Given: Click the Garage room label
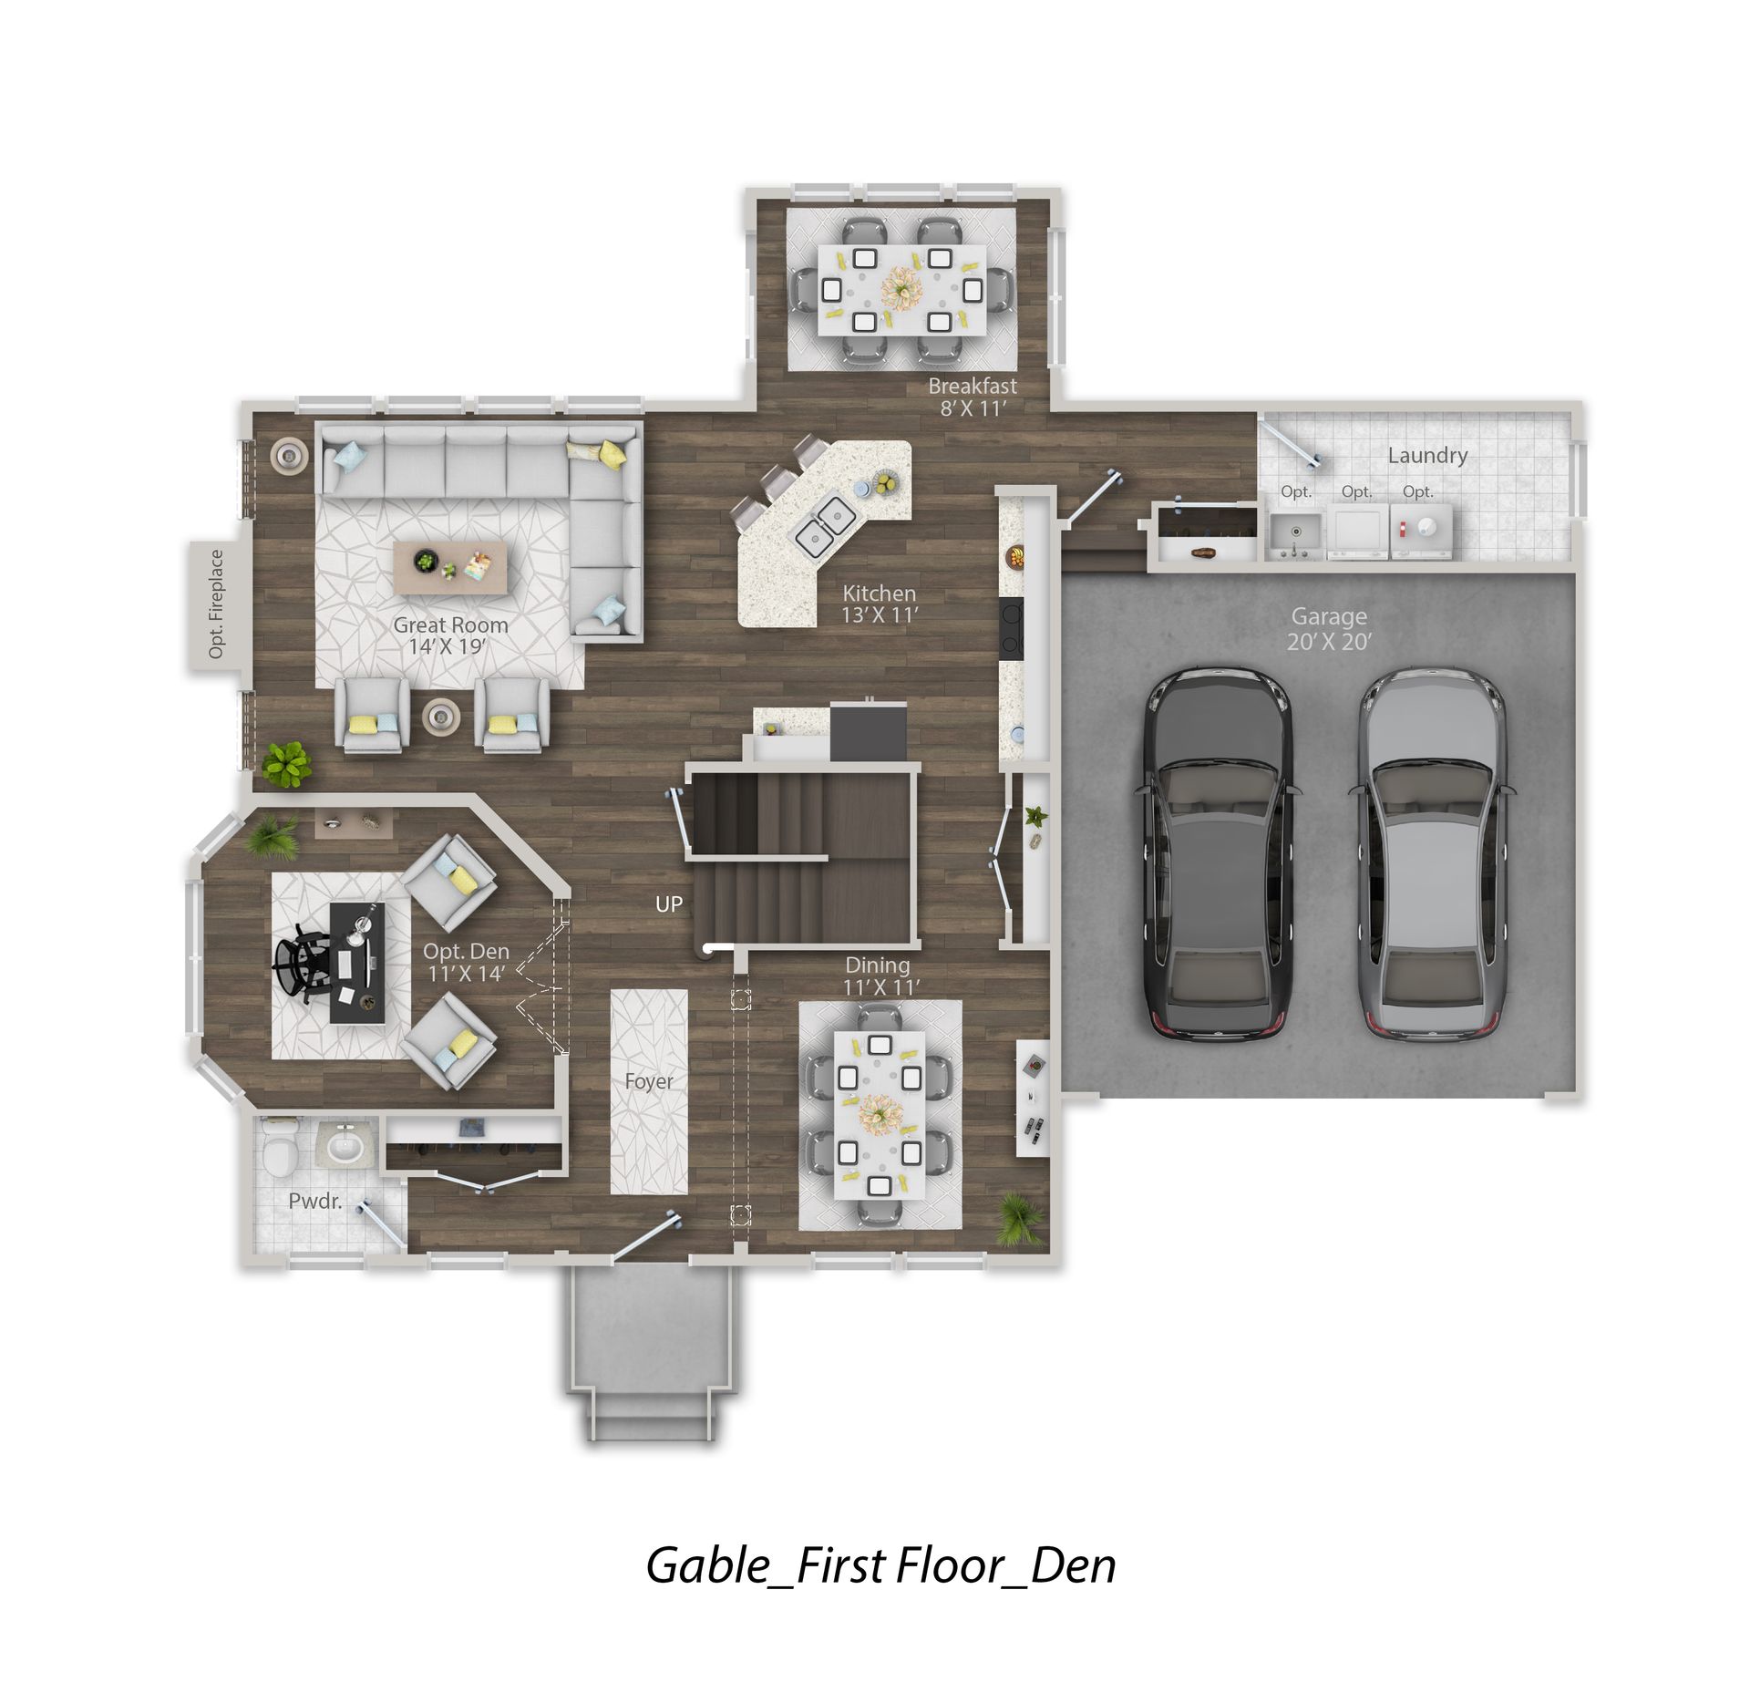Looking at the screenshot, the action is point(1329,629).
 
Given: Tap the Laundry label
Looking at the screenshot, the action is point(1427,455).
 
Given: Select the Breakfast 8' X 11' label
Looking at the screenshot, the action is point(973,397).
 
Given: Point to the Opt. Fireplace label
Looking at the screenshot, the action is point(216,604).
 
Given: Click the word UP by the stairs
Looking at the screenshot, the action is point(669,904).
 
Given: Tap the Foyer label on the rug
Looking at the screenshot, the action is point(649,1081).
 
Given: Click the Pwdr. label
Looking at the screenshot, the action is point(315,1201).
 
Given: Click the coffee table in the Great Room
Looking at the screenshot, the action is point(449,569).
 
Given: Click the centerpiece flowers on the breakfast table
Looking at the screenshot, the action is point(901,287).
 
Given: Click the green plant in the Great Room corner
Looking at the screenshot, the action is point(286,764).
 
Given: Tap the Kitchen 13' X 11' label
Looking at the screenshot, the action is point(879,604).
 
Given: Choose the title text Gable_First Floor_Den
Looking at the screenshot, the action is point(880,1565).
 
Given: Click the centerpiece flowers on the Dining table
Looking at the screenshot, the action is point(880,1114).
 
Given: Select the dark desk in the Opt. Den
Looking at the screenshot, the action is point(357,963).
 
